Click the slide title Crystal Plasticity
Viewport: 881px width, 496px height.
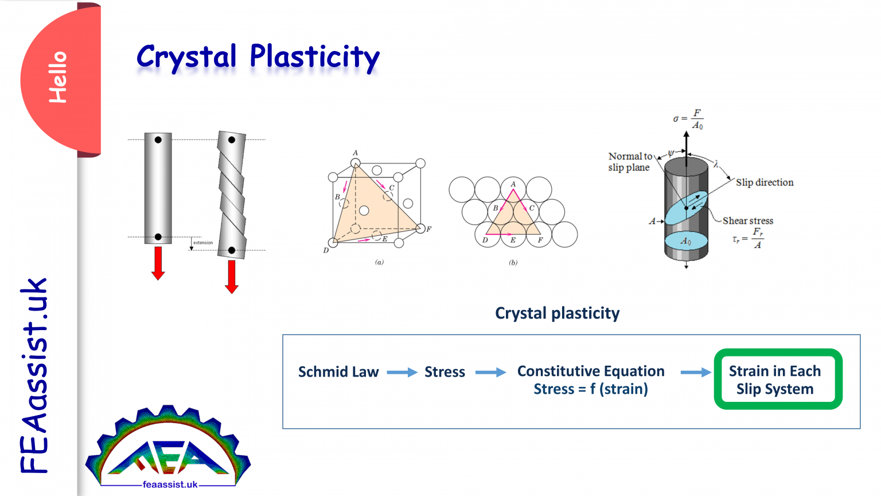(258, 57)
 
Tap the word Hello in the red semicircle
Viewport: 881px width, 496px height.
(58, 77)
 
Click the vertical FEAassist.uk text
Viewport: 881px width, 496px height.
(34, 376)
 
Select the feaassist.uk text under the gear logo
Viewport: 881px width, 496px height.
(170, 485)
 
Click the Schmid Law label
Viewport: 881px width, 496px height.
(338, 372)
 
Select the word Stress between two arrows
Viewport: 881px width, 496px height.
(445, 372)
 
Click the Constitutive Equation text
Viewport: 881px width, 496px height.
(591, 371)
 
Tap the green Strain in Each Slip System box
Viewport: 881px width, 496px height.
(777, 379)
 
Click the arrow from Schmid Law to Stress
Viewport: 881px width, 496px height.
(401, 373)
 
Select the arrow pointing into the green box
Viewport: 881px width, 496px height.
(695, 373)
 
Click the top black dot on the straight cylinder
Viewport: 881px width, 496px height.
(158, 139)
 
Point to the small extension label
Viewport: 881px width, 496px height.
(202, 243)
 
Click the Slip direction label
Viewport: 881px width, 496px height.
(765, 183)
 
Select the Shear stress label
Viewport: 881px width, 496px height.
(747, 221)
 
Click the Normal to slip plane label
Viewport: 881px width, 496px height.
(629, 162)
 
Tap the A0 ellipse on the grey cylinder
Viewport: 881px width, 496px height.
(686, 241)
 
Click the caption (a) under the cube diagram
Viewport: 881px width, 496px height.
(379, 262)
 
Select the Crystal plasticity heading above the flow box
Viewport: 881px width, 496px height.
(557, 313)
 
